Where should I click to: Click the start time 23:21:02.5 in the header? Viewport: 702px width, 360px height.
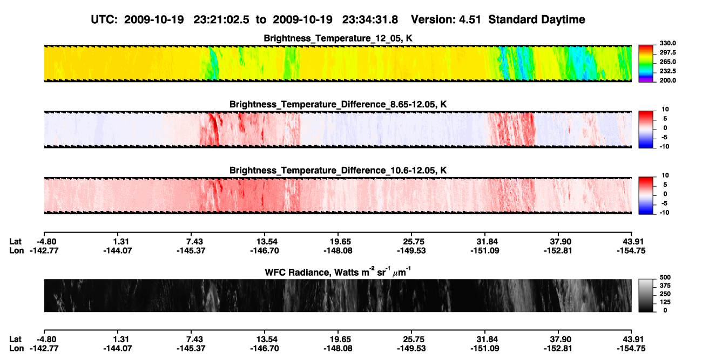(x=221, y=19)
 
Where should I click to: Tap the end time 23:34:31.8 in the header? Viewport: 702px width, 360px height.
(x=370, y=19)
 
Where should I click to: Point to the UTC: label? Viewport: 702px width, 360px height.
(x=104, y=19)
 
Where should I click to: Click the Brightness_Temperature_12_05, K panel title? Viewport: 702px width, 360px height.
(x=338, y=38)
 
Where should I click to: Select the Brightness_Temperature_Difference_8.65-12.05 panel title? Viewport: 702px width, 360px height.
(x=338, y=104)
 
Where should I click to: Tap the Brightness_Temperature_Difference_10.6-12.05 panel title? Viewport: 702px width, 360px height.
(x=338, y=171)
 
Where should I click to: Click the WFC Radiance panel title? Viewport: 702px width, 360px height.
(x=338, y=272)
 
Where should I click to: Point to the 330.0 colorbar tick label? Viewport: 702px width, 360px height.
(x=667, y=43)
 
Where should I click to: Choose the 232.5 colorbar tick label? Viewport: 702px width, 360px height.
(x=667, y=71)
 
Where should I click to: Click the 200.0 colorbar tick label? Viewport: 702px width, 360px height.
(x=667, y=80)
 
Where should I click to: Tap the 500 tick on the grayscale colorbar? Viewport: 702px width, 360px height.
(x=665, y=277)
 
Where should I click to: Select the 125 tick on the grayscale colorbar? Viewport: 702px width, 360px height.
(x=665, y=302)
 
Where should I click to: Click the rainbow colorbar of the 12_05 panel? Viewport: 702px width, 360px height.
(x=646, y=64)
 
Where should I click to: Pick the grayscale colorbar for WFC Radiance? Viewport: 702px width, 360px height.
(x=646, y=295)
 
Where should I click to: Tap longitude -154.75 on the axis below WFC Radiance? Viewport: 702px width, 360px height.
(x=631, y=349)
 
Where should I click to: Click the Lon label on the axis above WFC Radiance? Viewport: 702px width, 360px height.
(x=16, y=250)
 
